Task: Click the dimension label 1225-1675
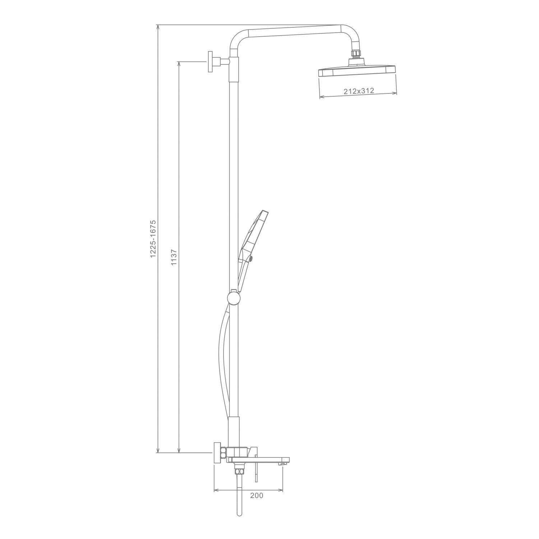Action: coord(153,238)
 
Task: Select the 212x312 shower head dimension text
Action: coord(359,91)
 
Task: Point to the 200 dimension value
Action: coord(257,496)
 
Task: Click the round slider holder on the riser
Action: coord(233,298)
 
